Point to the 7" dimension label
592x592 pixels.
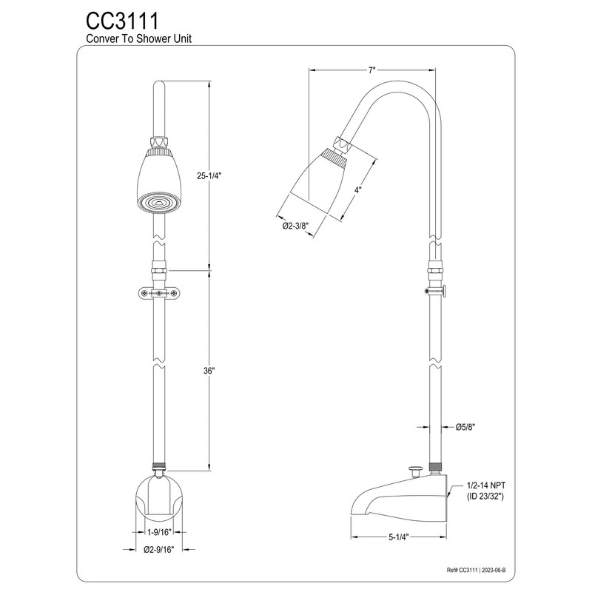(372, 70)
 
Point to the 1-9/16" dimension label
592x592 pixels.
(160, 532)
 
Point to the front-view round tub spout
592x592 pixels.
(160, 495)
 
